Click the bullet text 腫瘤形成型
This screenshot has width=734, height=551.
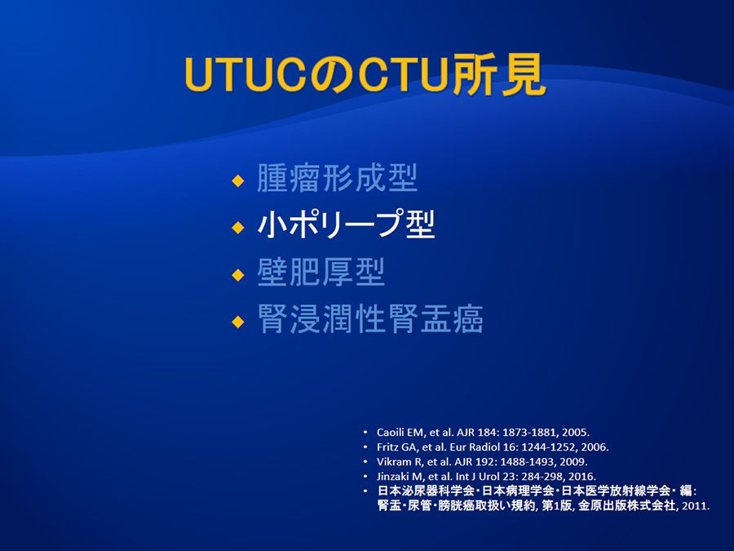337,178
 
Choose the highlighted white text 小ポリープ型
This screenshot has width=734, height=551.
346,224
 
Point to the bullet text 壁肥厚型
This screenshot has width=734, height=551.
321,272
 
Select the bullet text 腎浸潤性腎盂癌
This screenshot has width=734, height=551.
369,318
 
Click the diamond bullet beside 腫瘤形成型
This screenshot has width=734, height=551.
238,181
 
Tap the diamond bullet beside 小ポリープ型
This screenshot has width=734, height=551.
238,228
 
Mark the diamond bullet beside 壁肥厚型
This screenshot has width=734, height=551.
238,274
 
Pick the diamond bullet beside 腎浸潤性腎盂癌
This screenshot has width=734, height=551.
238,322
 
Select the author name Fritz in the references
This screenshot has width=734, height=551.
387,447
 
